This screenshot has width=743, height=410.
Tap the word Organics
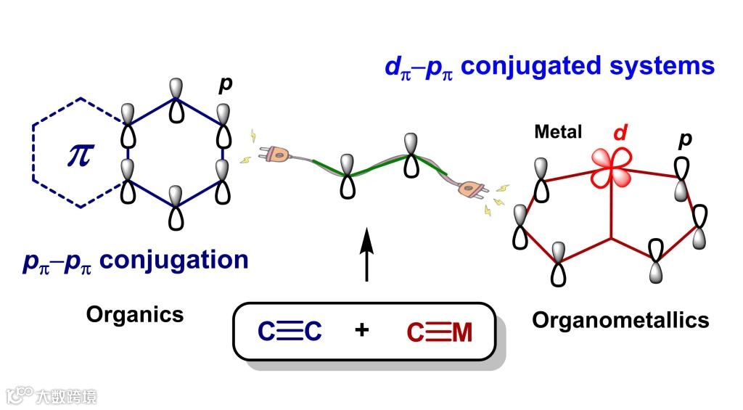[135, 314]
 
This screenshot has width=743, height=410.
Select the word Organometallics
[620, 319]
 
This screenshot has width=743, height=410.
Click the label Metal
[558, 132]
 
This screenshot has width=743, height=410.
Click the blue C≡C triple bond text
[290, 332]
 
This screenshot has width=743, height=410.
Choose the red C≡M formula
[439, 333]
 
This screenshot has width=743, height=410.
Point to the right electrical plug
[472, 191]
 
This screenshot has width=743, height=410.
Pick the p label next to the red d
[684, 140]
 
